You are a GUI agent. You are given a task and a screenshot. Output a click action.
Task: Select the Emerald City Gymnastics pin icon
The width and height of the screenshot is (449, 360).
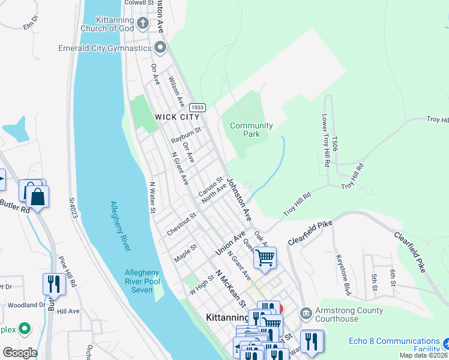(160, 47)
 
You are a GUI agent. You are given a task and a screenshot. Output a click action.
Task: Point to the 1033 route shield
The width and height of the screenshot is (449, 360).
(199, 107)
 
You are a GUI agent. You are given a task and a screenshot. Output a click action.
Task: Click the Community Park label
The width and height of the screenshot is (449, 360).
(252, 130)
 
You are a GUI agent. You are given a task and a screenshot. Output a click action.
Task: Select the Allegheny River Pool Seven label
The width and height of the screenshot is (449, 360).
(142, 280)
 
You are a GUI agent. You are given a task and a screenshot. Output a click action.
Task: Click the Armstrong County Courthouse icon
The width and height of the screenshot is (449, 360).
(306, 313)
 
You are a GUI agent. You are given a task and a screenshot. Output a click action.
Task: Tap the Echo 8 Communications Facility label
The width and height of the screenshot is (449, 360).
(394, 345)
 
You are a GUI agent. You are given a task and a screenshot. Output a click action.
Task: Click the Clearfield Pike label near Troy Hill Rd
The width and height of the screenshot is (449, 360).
(310, 232)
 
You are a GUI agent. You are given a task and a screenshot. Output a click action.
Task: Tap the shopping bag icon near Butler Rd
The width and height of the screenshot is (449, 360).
(37, 197)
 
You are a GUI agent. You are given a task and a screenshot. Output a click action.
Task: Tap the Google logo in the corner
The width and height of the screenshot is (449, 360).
(20, 353)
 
